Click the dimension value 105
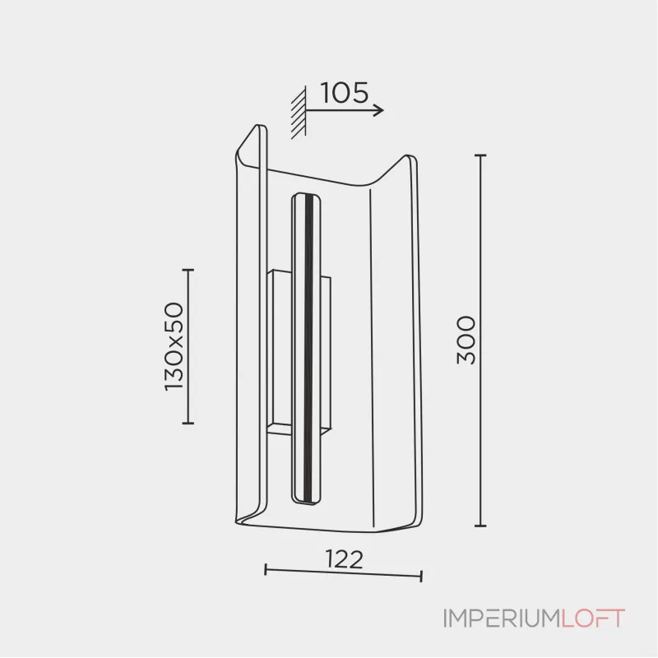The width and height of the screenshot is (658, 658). [x=344, y=93]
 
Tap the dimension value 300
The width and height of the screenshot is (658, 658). [x=466, y=341]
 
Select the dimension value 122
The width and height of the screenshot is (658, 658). [x=344, y=559]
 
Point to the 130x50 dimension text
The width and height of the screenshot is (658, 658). [x=174, y=346]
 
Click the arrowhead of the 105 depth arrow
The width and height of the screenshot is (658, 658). [x=379, y=110]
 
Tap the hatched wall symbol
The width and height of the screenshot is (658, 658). [x=299, y=112]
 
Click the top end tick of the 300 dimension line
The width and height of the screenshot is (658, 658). [x=480, y=155]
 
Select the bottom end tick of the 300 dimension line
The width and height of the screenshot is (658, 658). [x=480, y=526]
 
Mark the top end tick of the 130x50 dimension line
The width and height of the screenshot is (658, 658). [x=188, y=271]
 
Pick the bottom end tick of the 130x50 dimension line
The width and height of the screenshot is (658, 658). [x=188, y=423]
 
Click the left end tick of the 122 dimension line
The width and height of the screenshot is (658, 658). [x=266, y=570]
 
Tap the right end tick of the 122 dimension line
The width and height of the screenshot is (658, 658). [x=421, y=577]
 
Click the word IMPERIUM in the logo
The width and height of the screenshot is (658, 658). [x=503, y=619]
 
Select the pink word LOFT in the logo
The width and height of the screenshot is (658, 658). [x=593, y=619]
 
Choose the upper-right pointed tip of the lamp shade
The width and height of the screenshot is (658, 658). [x=407, y=155]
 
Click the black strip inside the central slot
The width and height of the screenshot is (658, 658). [x=309, y=348]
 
